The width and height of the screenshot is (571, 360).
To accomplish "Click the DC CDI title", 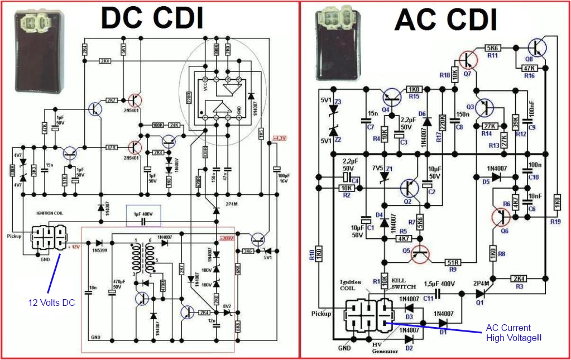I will click(151, 18).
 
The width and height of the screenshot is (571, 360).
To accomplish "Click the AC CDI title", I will click(445, 20).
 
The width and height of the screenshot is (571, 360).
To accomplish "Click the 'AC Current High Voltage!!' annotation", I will click(513, 333).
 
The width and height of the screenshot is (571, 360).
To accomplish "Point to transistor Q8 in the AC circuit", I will click(538, 47).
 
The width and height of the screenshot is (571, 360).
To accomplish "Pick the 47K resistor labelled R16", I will click(529, 68).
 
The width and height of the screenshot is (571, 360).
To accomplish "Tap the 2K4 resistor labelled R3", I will click(520, 278).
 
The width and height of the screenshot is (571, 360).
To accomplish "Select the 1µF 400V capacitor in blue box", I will click(144, 215).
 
